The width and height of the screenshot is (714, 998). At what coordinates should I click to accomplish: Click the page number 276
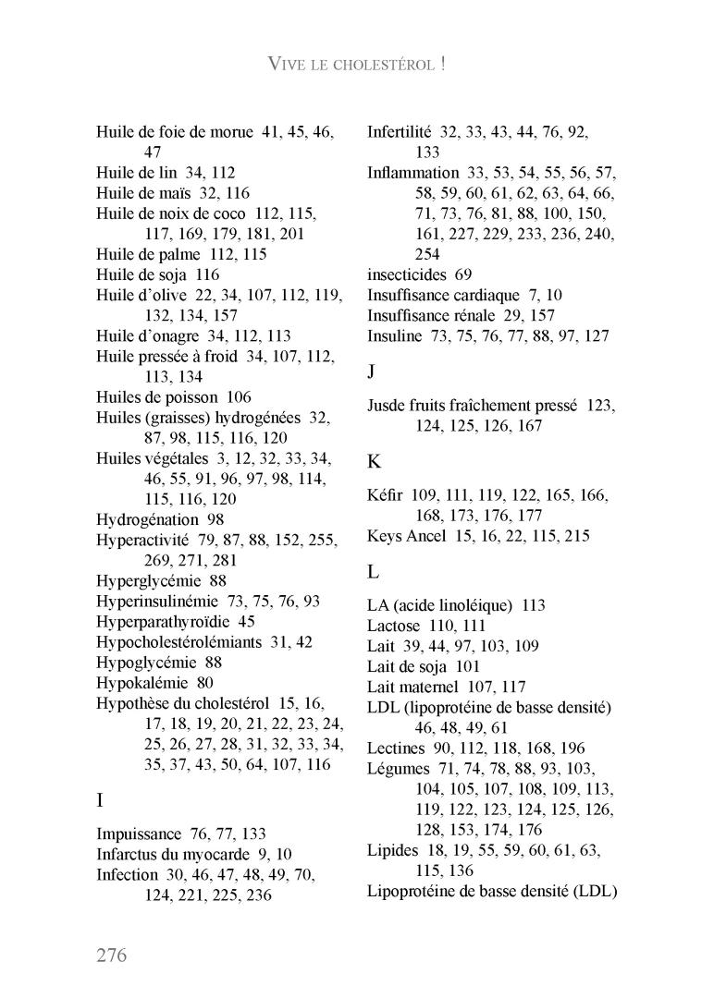111,955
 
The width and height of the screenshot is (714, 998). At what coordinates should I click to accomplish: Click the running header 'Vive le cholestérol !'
357,64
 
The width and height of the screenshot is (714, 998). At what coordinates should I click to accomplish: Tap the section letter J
371,371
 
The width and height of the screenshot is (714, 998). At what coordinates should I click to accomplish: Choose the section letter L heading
373,572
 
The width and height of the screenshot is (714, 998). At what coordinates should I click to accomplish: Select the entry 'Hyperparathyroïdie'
163,622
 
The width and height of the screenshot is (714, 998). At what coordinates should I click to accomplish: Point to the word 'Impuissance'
141,834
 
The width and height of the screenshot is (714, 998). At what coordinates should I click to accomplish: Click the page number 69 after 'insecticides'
463,274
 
